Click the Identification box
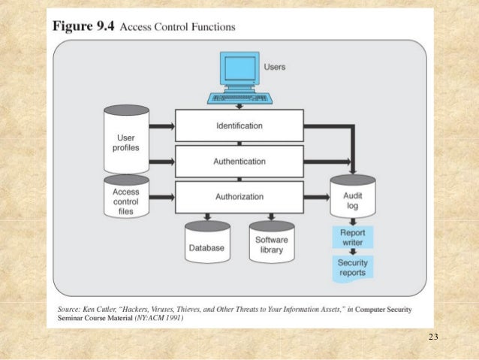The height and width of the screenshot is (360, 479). point(239,125)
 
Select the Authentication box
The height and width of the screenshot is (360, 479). point(239,161)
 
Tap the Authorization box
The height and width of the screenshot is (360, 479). point(239,197)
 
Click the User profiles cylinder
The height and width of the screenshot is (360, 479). point(126,141)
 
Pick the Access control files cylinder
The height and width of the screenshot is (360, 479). point(126,199)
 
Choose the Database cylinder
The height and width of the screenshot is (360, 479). point(207,246)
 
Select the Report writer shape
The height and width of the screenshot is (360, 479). point(352,238)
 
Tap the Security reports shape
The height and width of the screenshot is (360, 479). point(352,268)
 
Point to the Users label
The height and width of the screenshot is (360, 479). point(275,67)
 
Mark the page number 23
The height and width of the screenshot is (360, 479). point(432,336)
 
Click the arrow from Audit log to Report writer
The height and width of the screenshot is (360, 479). point(352,222)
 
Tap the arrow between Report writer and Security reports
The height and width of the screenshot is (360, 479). point(352,253)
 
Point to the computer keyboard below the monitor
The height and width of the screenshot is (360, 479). point(239,98)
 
